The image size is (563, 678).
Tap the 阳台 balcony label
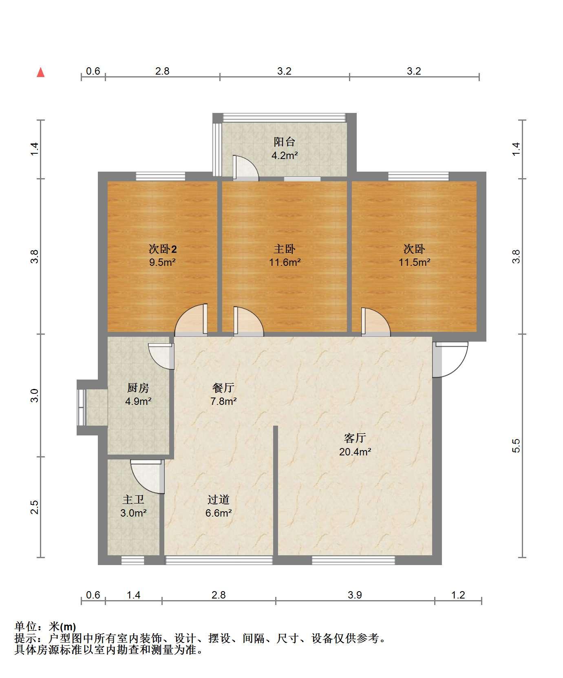pyautogui.click(x=284, y=142)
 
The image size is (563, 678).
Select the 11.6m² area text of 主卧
pyautogui.click(x=285, y=262)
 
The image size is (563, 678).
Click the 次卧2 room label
pyautogui.click(x=162, y=249)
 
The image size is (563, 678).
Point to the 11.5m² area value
pyautogui.click(x=414, y=262)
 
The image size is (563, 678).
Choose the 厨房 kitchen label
pyautogui.click(x=138, y=388)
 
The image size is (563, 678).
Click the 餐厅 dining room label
pyautogui.click(x=223, y=388)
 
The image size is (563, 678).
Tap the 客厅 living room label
pyautogui.click(x=355, y=438)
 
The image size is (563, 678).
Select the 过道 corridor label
pyautogui.click(x=219, y=499)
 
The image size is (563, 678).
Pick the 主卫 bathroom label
pyautogui.click(x=133, y=499)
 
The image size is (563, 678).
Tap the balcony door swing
pyautogui.click(x=245, y=168)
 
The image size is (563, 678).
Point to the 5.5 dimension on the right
pyautogui.click(x=517, y=446)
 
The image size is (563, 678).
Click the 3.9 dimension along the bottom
pyautogui.click(x=355, y=595)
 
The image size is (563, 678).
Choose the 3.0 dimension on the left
pyautogui.click(x=35, y=395)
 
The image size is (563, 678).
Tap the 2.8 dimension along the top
pyautogui.click(x=162, y=71)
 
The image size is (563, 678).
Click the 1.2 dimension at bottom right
pyautogui.click(x=458, y=595)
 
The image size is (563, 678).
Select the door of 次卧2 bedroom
pyautogui.click(x=192, y=320)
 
